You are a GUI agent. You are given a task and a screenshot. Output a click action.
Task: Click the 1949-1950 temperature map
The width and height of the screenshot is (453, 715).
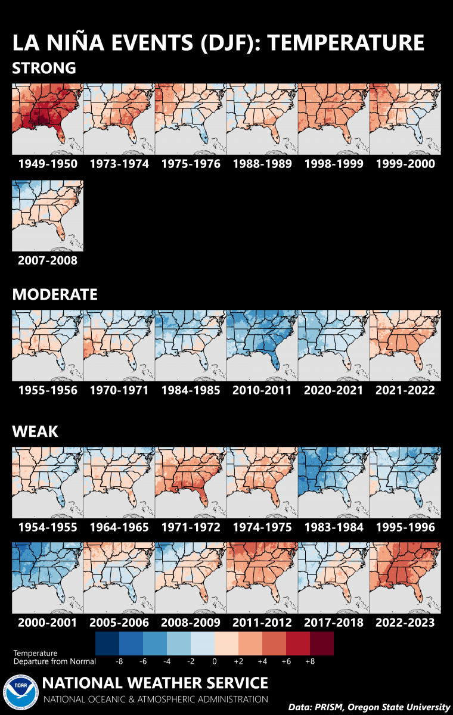(47, 119)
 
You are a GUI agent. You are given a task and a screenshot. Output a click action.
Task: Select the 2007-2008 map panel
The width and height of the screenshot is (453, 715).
(47, 216)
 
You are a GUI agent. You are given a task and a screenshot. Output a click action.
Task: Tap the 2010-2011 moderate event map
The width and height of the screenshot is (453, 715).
(262, 346)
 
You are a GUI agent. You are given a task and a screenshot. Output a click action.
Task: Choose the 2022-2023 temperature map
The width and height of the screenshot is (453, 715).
(405, 578)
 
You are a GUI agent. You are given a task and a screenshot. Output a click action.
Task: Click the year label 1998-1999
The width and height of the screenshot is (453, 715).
(333, 164)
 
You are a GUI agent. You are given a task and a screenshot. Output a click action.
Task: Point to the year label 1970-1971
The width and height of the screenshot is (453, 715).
(119, 390)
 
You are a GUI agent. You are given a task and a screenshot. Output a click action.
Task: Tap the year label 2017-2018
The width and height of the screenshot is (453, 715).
(333, 623)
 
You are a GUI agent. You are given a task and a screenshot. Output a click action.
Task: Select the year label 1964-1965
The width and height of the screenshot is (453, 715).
(119, 527)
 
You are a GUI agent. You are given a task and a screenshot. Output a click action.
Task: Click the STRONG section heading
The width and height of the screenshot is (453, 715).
(44, 68)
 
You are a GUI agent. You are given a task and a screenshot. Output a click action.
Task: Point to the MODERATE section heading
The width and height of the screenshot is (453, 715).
(54, 294)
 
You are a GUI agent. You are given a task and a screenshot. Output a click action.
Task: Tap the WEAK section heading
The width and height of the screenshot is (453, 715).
(35, 431)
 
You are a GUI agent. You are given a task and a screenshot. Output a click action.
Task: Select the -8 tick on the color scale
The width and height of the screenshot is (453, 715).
(119, 661)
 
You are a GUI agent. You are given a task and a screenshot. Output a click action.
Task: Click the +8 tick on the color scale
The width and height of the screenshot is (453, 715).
(310, 661)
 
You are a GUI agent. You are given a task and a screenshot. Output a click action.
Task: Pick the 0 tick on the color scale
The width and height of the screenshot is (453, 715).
(215, 661)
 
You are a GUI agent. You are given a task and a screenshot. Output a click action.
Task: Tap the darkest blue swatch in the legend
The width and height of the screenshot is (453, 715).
(107, 643)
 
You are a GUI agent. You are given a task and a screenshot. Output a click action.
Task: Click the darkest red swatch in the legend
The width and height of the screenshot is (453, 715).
(322, 643)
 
